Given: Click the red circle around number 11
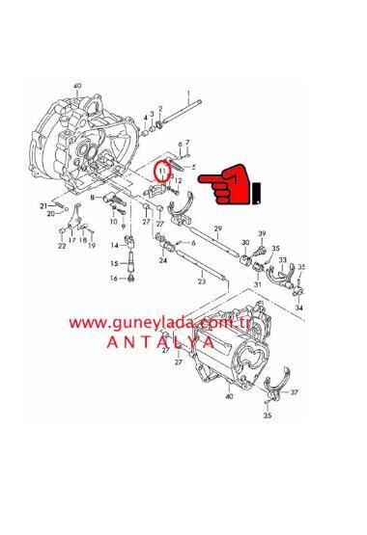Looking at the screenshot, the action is pyautogui.click(x=165, y=174).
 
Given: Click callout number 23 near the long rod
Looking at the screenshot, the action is pyautogui.click(x=201, y=281).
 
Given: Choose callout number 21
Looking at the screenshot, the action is pyautogui.click(x=44, y=205).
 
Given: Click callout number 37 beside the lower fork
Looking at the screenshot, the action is pyautogui.click(x=296, y=391).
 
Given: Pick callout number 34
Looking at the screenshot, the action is pyautogui.click(x=298, y=308).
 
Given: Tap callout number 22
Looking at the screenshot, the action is pyautogui.click(x=62, y=246).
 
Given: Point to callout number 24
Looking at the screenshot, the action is pyautogui.click(x=163, y=260).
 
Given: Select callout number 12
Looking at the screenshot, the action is pyautogui.click(x=180, y=180).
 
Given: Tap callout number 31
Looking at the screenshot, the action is pyautogui.click(x=258, y=284).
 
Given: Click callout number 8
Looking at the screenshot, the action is pyautogui.click(x=93, y=197).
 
